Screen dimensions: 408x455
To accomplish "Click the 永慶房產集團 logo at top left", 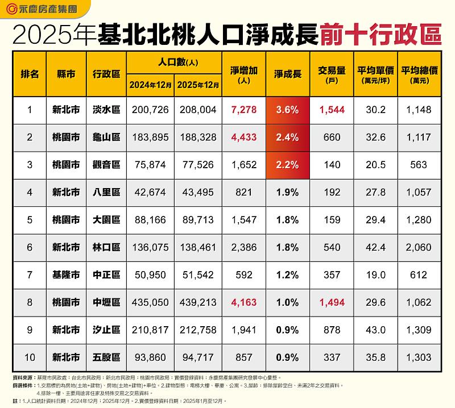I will coord(45,9).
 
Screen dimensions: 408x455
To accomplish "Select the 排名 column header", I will coord(30,74).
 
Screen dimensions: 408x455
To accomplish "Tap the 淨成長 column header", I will coord(287,74).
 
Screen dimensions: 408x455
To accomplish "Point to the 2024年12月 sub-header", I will coord(150,85).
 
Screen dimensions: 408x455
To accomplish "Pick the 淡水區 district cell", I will coord(106,110).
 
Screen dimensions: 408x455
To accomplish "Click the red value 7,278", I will coord(243,110).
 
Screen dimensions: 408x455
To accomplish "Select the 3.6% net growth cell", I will coord(287,110).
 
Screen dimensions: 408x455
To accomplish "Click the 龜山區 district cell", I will coord(106,138).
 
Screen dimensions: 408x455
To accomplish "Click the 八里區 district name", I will coord(106,192).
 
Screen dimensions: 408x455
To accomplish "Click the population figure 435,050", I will coord(150,302).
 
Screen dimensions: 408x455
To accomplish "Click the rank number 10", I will coord(30,357).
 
